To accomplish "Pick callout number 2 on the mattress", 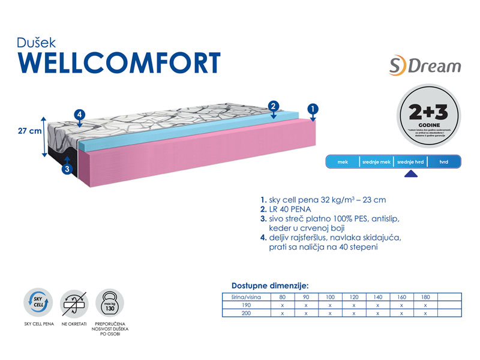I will tap(273, 106).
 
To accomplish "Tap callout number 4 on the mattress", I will tap(80, 115).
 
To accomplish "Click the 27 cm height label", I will tap(28, 130).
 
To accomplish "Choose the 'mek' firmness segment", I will tap(343, 162).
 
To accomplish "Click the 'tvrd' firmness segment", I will tap(444, 162).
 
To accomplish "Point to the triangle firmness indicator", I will tap(410, 175).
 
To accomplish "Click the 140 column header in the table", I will tap(378, 297).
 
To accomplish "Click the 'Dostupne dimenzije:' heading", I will tap(270, 286).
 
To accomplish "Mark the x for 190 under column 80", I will tap(282, 305).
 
